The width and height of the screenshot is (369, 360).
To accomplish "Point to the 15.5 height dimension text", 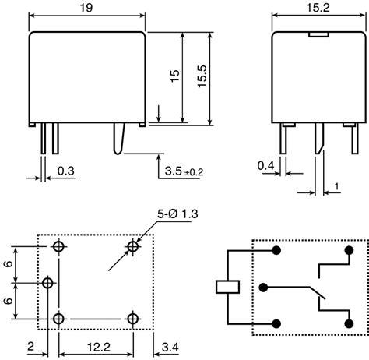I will (x=202, y=78).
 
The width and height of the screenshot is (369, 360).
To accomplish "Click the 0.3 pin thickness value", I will (x=65, y=170).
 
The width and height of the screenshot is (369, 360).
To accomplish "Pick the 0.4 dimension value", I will (x=266, y=165).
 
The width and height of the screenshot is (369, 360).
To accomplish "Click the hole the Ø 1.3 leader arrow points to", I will (x=133, y=246).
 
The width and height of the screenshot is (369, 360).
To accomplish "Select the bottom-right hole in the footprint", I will (x=133, y=318).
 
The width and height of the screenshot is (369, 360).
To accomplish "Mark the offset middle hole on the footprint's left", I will (x=48, y=282).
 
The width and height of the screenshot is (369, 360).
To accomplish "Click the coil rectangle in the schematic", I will (x=227, y=286).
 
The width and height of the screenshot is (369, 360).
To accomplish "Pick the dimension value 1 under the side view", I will (x=336, y=185).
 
